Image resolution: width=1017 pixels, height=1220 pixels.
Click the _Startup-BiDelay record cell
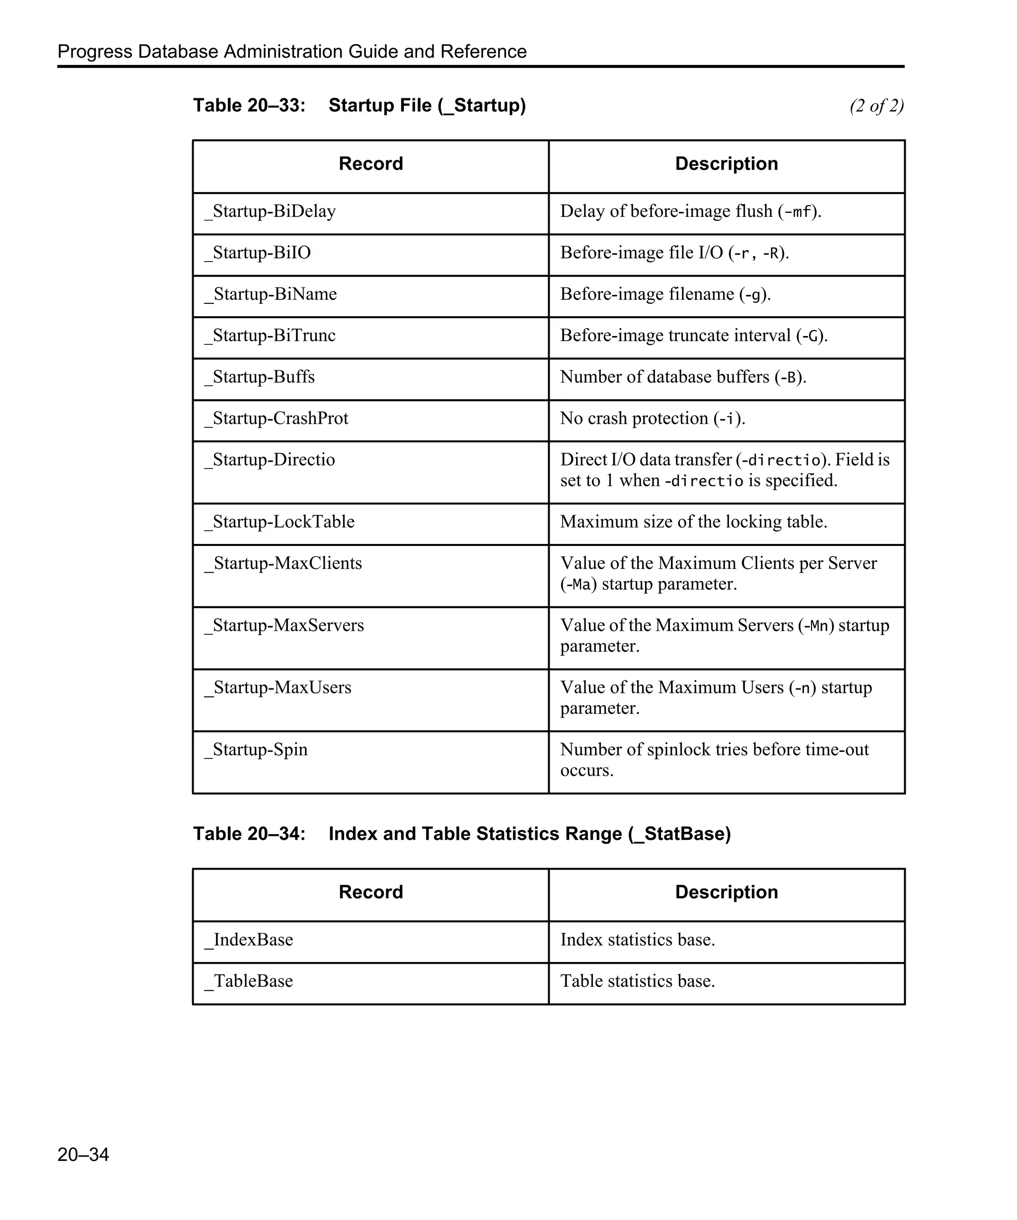click(x=270, y=211)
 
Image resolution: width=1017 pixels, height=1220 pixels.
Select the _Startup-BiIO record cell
click(x=257, y=253)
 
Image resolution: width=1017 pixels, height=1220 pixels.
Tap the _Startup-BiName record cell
click(x=271, y=294)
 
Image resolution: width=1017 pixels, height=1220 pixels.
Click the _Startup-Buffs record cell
click(x=260, y=377)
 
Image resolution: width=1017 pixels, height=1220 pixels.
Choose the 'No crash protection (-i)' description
click(x=652, y=418)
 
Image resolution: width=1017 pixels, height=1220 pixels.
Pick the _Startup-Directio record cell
click(x=270, y=460)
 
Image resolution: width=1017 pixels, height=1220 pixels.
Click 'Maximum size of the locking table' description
click(x=693, y=522)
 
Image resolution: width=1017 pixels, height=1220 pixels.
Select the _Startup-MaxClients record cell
click(x=283, y=563)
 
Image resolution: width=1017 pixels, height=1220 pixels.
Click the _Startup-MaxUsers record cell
click(x=278, y=687)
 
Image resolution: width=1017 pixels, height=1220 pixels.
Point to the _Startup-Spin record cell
click(x=256, y=749)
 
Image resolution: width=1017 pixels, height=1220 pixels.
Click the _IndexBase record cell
click(x=249, y=940)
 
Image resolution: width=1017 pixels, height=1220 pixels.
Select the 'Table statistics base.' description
click(x=637, y=981)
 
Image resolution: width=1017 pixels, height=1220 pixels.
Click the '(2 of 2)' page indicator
click(x=876, y=106)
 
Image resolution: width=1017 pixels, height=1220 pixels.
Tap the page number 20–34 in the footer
click(x=83, y=1154)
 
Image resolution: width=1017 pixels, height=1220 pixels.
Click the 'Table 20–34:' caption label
click(x=249, y=834)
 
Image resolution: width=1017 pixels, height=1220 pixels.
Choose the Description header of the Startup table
click(x=726, y=164)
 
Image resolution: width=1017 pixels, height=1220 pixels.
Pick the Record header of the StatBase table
click(x=371, y=892)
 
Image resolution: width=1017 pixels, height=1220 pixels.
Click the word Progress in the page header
click(x=95, y=52)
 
